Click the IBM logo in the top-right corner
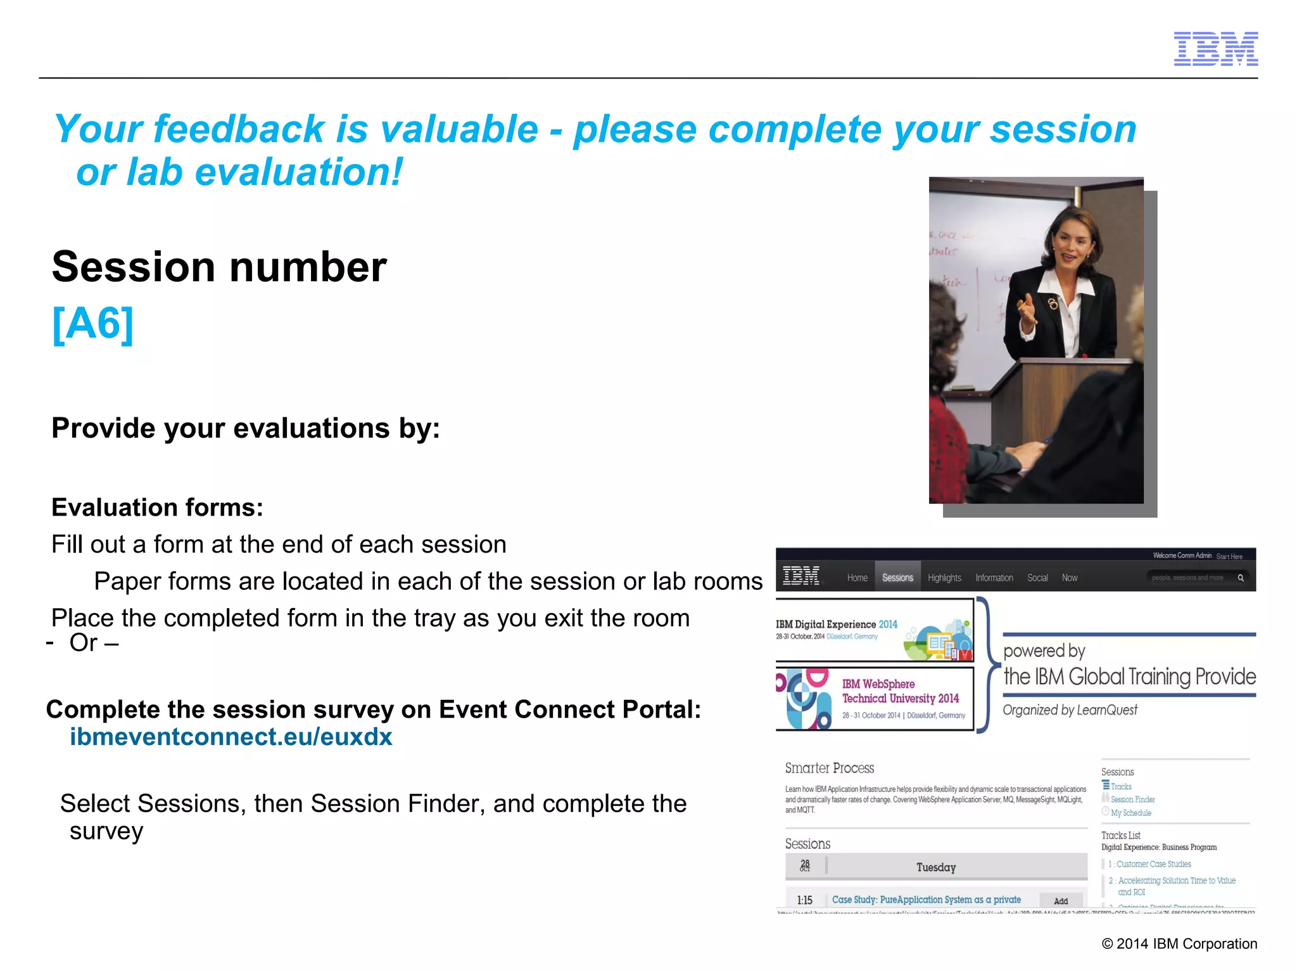1215,49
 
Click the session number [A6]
93,324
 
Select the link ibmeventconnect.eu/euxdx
231,737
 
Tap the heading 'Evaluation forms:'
157,507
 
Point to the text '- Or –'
83,643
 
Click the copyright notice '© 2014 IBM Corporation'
1179,944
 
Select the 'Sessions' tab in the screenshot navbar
897,578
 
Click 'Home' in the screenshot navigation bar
857,578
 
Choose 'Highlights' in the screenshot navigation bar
944,578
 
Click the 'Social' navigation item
1037,578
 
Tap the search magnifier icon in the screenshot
1241,578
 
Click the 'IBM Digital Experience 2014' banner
874,630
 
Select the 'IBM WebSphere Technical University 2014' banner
874,699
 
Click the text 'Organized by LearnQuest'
1070,710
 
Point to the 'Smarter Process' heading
829,768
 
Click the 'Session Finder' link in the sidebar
1132,799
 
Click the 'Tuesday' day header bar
935,867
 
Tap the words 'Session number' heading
219,267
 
